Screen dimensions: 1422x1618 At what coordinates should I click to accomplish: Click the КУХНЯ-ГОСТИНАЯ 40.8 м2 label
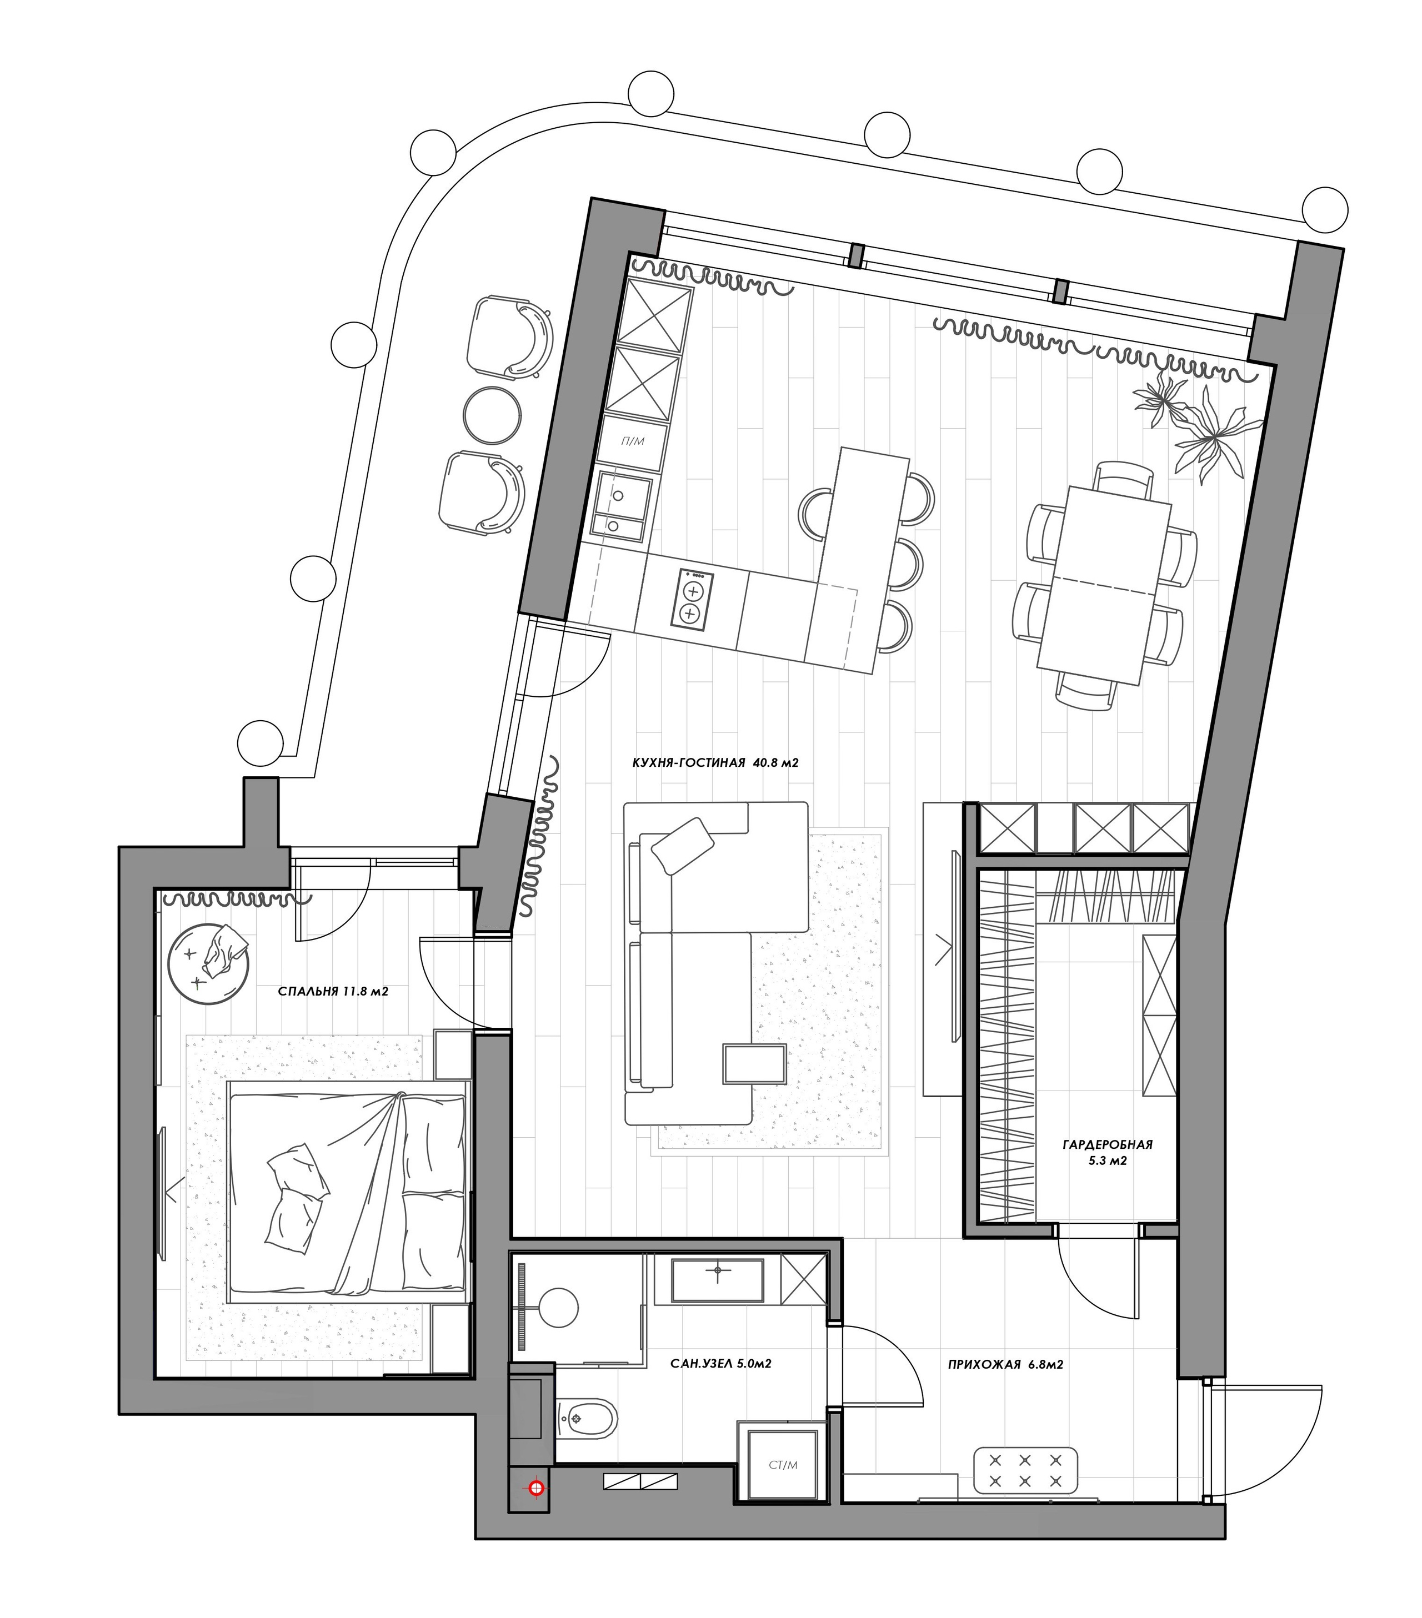714,763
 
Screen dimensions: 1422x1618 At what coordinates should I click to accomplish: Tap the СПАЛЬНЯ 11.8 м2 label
333,991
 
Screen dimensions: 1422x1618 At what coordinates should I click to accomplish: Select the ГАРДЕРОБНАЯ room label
1107,1144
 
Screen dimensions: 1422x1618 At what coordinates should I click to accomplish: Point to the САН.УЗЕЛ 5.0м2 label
720,1363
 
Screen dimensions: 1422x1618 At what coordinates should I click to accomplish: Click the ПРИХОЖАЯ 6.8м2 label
1005,1364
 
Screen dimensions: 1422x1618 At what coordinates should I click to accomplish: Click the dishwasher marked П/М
633,440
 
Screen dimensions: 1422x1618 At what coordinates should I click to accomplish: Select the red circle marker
537,1489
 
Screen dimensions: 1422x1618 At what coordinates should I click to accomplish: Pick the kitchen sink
622,506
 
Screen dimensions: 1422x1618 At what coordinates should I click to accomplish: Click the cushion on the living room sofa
682,846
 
